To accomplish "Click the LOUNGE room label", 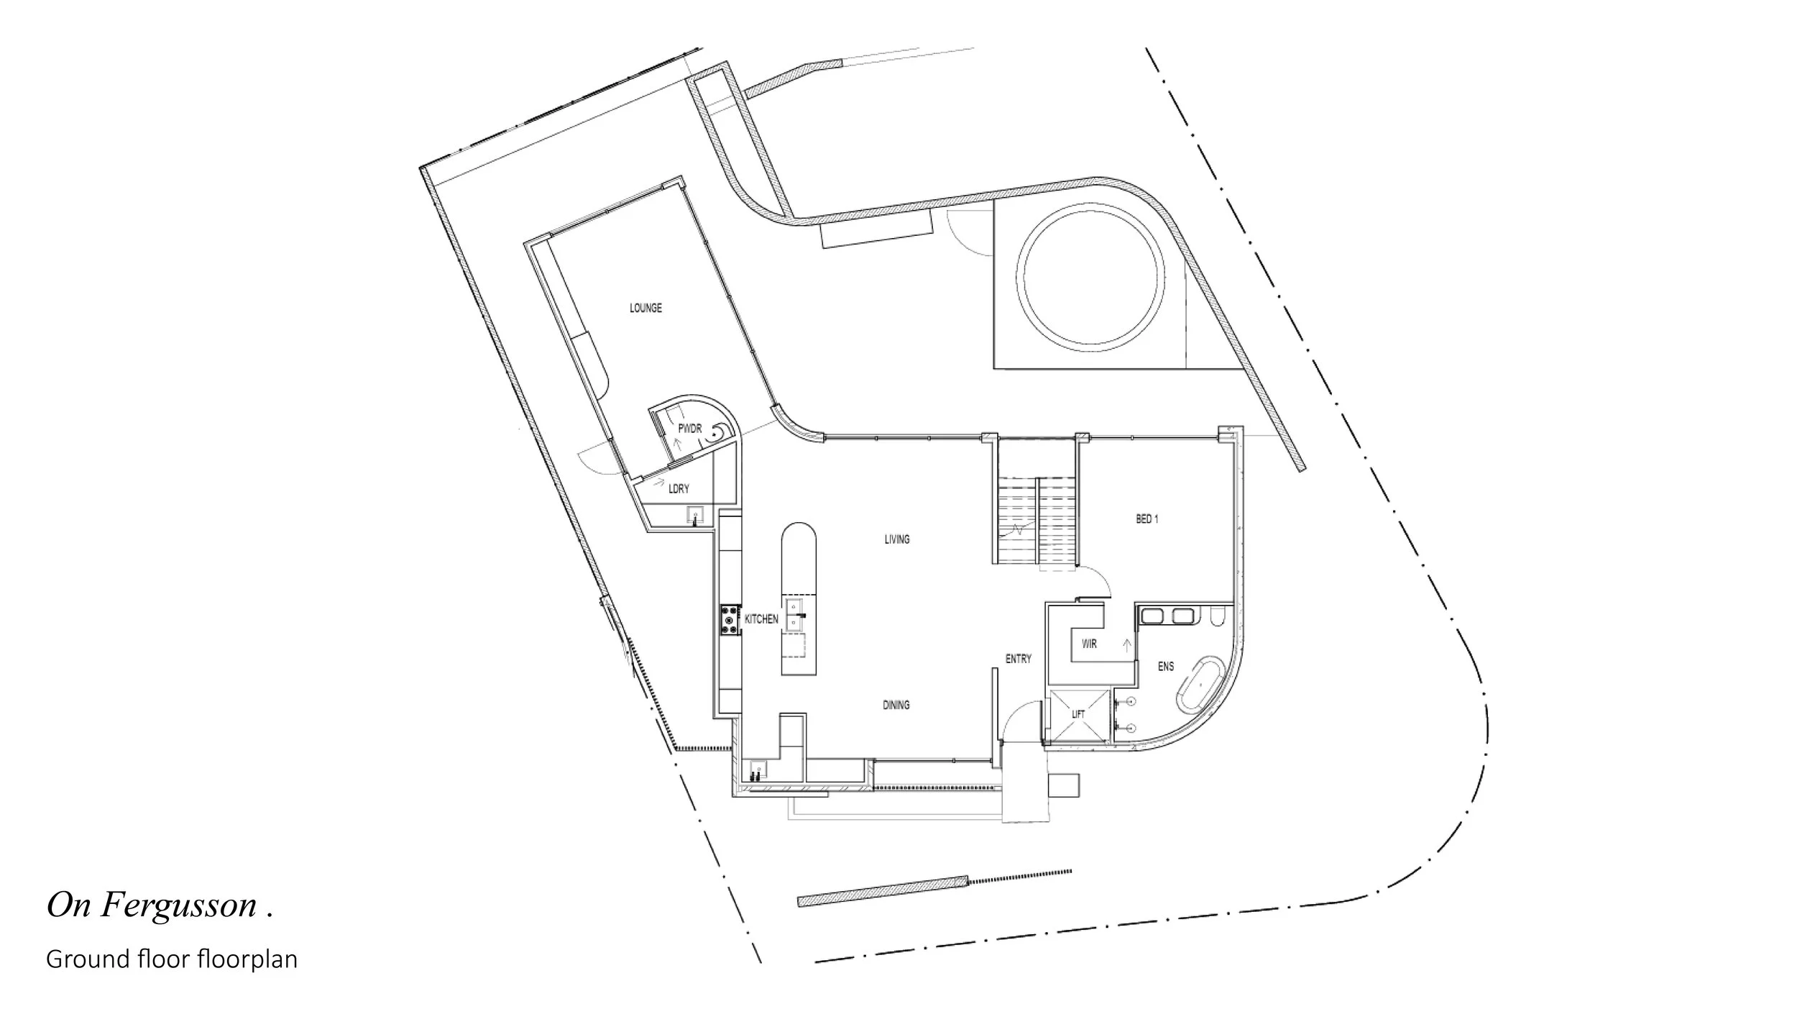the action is point(645,308).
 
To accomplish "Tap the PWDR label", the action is point(689,429).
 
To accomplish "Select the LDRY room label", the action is point(679,489).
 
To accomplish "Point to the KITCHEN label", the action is point(761,619).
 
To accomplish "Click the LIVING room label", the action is point(897,539).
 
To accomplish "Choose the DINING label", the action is point(896,706).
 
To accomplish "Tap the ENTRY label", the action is point(1019,659).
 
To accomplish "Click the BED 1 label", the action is point(1147,519).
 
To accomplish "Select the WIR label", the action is point(1089,644).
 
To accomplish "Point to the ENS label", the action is point(1166,667).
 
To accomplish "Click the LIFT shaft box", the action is point(1078,715).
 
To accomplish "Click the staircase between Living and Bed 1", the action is point(1037,524).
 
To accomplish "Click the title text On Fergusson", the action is point(160,905).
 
